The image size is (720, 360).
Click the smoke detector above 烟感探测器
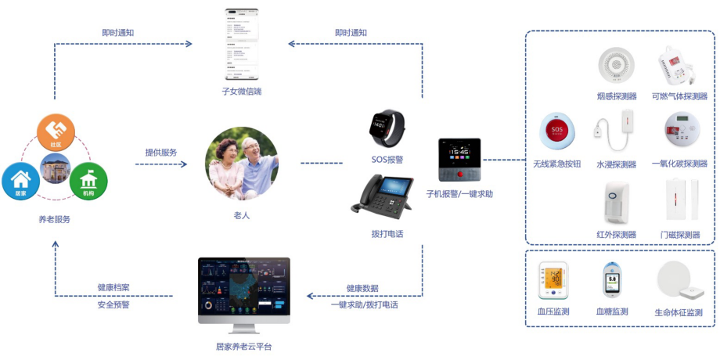click(x=616, y=67)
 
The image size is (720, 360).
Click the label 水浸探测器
click(x=616, y=164)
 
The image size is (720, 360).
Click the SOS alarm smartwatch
click(x=387, y=126)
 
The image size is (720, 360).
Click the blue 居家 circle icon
click(x=20, y=180)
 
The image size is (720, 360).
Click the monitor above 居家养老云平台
click(x=243, y=289)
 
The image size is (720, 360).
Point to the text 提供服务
click(x=160, y=153)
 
